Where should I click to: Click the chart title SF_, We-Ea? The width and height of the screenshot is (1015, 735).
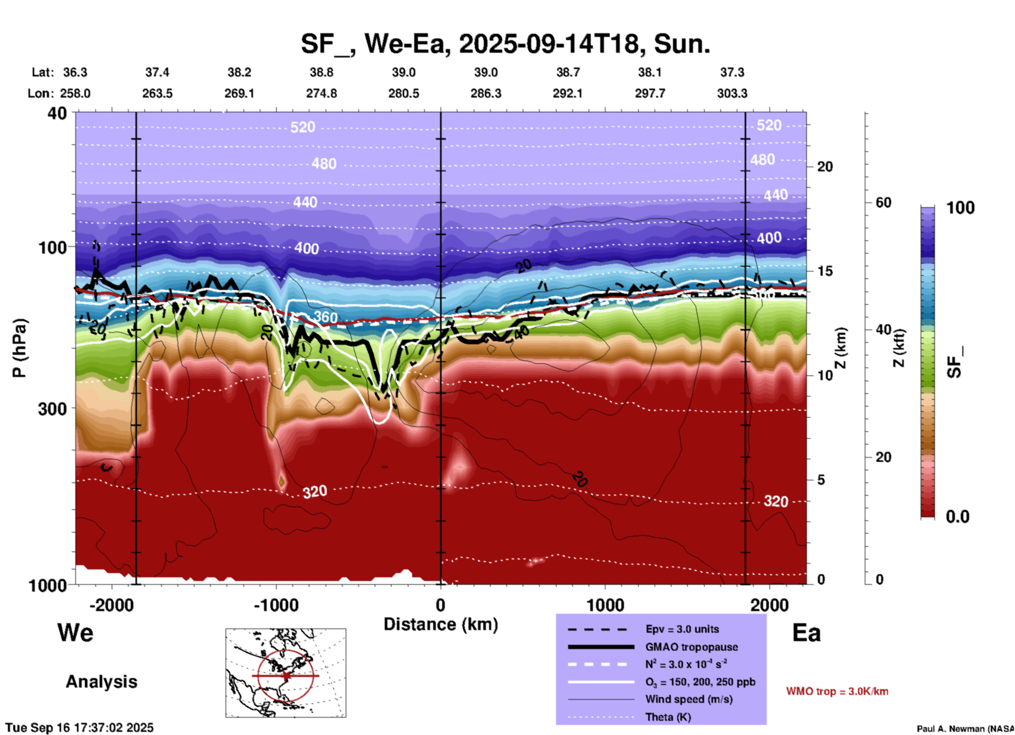tap(505, 44)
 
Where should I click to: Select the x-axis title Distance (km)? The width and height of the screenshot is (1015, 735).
tap(441, 624)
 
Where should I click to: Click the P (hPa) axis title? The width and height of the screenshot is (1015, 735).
tap(19, 348)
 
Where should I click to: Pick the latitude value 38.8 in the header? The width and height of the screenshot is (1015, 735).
tap(321, 72)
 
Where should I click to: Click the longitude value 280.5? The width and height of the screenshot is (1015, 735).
tap(404, 93)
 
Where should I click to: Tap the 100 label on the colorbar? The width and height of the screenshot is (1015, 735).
tap(960, 208)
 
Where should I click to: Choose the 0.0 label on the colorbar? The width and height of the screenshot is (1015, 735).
tap(958, 516)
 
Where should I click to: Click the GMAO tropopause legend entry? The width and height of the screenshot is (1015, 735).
tap(691, 647)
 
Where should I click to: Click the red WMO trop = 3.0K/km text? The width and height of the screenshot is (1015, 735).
tap(837, 691)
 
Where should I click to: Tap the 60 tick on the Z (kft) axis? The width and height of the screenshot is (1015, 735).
tap(883, 202)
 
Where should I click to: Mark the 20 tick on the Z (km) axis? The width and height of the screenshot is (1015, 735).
tap(825, 167)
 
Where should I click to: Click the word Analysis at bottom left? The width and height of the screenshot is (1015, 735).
tap(101, 682)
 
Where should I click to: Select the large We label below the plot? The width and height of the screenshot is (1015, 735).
tap(75, 633)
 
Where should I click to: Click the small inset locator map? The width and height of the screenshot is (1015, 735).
tap(286, 673)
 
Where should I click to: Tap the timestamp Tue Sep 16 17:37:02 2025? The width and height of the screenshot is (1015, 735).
tap(80, 728)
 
